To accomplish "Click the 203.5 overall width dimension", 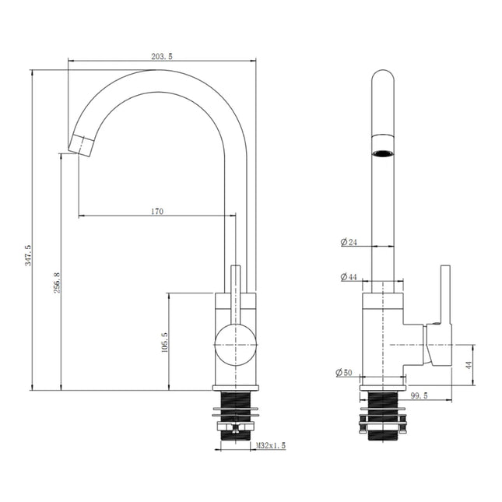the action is point(162,56).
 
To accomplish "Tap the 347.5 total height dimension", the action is point(28,255).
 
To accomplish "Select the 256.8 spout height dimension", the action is point(57,283).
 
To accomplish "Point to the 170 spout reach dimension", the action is point(157,211).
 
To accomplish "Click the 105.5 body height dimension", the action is point(165,342).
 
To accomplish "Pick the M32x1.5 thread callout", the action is point(271,445).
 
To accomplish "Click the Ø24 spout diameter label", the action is point(349,242).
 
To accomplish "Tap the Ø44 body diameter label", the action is point(349,276).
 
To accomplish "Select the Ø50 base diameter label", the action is point(344,372).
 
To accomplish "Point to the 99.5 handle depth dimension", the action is point(419,395).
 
